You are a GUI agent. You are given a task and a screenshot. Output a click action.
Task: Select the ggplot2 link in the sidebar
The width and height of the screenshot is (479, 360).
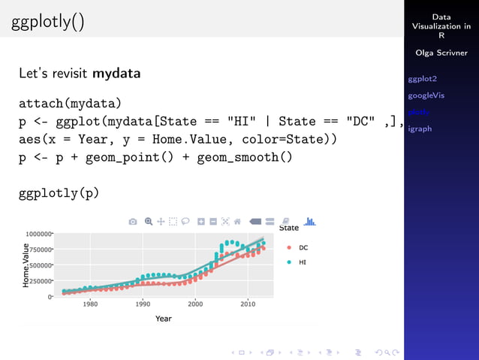click(x=422, y=79)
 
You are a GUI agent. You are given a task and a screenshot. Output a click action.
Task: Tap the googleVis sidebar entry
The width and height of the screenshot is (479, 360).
click(x=426, y=95)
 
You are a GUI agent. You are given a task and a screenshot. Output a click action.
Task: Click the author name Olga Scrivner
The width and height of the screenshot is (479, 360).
click(x=441, y=53)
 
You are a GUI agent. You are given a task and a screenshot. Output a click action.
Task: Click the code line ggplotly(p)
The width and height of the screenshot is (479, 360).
click(x=59, y=193)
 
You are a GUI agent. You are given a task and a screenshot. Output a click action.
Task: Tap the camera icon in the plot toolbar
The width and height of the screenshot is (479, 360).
click(x=133, y=222)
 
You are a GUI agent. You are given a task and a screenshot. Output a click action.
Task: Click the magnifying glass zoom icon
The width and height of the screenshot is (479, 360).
click(x=149, y=222)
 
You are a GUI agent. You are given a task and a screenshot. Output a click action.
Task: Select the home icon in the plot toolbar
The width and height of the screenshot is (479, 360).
click(x=237, y=222)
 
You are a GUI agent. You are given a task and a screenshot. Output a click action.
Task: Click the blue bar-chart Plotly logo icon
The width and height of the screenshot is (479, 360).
click(x=309, y=221)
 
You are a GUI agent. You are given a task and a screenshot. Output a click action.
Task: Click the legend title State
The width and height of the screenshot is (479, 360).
click(x=289, y=228)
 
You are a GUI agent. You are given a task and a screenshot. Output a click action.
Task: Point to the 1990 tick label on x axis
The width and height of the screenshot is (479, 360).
click(x=143, y=304)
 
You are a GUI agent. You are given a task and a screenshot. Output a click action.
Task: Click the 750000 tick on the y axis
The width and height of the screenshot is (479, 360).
click(x=40, y=250)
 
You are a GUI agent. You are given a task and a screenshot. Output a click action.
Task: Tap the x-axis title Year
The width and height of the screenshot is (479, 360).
click(x=163, y=319)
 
